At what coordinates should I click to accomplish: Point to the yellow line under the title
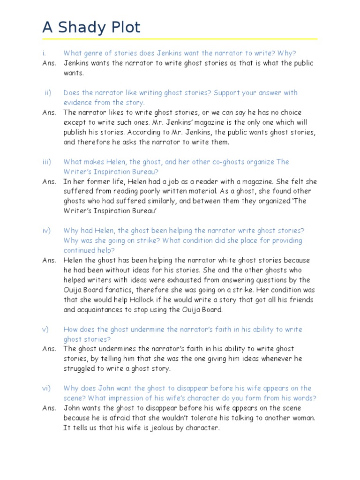(x=180, y=39)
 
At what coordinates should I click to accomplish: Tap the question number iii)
(x=46, y=162)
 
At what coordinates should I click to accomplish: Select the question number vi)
(x=46, y=388)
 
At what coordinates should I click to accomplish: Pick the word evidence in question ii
(x=78, y=103)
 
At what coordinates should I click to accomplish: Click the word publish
(x=76, y=132)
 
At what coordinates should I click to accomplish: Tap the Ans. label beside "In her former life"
(x=49, y=181)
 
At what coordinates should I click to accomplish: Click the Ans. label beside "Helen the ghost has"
(x=49, y=260)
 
